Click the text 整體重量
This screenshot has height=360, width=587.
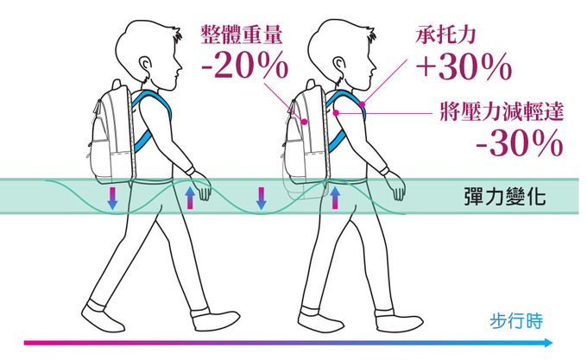click(x=242, y=35)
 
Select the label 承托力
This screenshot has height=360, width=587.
click(x=445, y=35)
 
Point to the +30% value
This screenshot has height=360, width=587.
click(x=464, y=66)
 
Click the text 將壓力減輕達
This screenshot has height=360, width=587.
click(x=502, y=111)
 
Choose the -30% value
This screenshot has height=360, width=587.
click(x=520, y=143)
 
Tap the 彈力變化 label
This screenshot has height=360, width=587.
click(x=505, y=196)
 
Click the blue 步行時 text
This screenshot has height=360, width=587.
click(x=516, y=320)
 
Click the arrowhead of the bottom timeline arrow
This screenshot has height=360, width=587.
click(x=548, y=343)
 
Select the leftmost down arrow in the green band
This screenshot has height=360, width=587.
click(x=112, y=199)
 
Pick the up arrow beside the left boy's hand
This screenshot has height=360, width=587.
click(x=191, y=198)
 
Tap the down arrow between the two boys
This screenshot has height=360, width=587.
click(x=262, y=199)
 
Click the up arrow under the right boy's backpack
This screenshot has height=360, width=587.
click(x=335, y=198)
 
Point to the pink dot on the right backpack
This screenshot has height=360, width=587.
click(x=305, y=122)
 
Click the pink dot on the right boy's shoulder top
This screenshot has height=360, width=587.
click(x=362, y=104)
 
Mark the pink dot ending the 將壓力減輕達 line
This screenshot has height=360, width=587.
click(x=336, y=112)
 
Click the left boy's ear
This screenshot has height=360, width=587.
click(x=145, y=65)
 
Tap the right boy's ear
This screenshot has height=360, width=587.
click(x=338, y=65)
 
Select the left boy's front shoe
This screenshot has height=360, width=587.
click(x=214, y=320)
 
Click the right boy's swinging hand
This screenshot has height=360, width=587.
click(x=397, y=186)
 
